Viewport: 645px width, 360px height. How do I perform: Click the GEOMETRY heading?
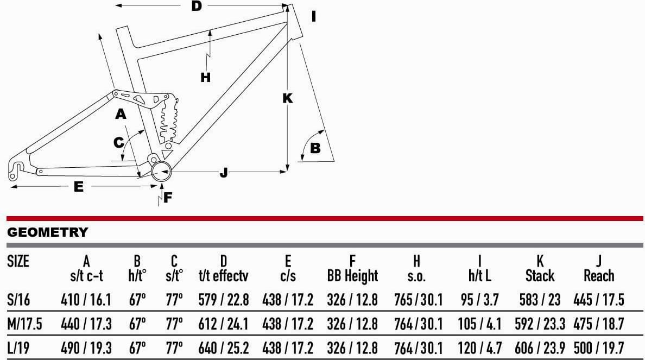coord(48,232)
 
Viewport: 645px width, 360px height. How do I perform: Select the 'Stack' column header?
coord(540,276)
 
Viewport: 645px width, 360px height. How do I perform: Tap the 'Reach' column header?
coord(599,276)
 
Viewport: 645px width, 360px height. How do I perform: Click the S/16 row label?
coord(18,300)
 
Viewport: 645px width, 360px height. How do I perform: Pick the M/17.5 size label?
coord(24,324)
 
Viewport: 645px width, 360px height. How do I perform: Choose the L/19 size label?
coord(18,348)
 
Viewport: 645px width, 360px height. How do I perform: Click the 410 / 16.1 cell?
coord(86,300)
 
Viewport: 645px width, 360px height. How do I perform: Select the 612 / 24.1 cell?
coord(223,324)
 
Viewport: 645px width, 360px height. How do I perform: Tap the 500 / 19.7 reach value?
coord(599,348)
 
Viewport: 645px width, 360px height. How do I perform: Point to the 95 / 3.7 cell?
coord(479,300)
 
